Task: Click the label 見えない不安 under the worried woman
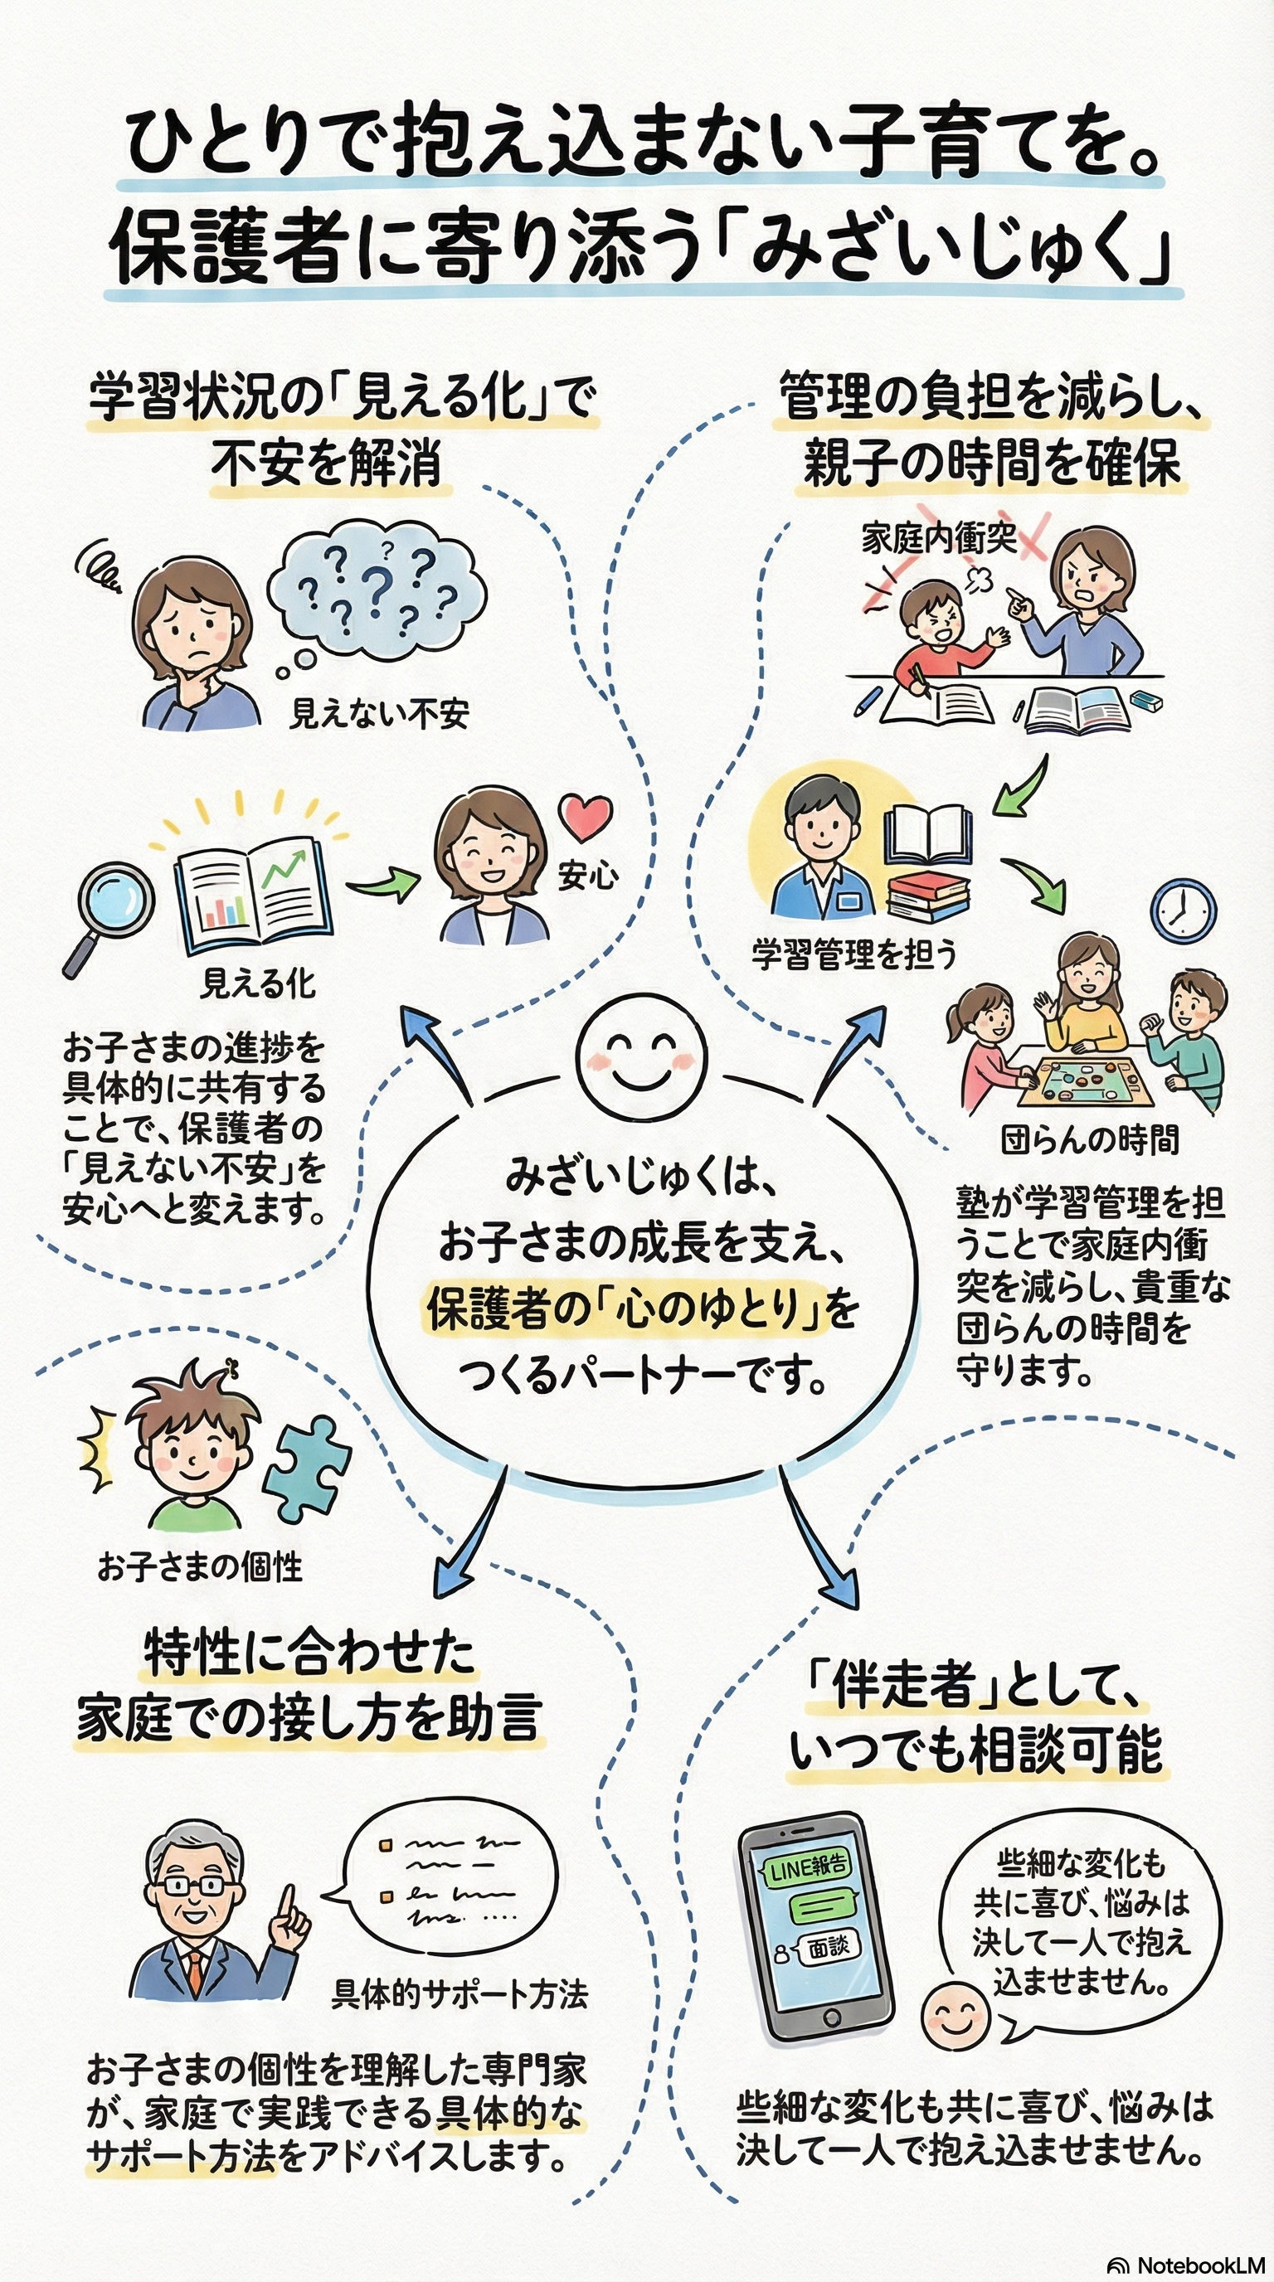(379, 713)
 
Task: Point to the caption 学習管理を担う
(854, 955)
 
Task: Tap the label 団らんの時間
(1090, 1140)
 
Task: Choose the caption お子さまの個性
(200, 1567)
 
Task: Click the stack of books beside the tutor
(926, 896)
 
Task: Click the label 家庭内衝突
(939, 539)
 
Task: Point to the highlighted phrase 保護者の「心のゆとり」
(628, 1309)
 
